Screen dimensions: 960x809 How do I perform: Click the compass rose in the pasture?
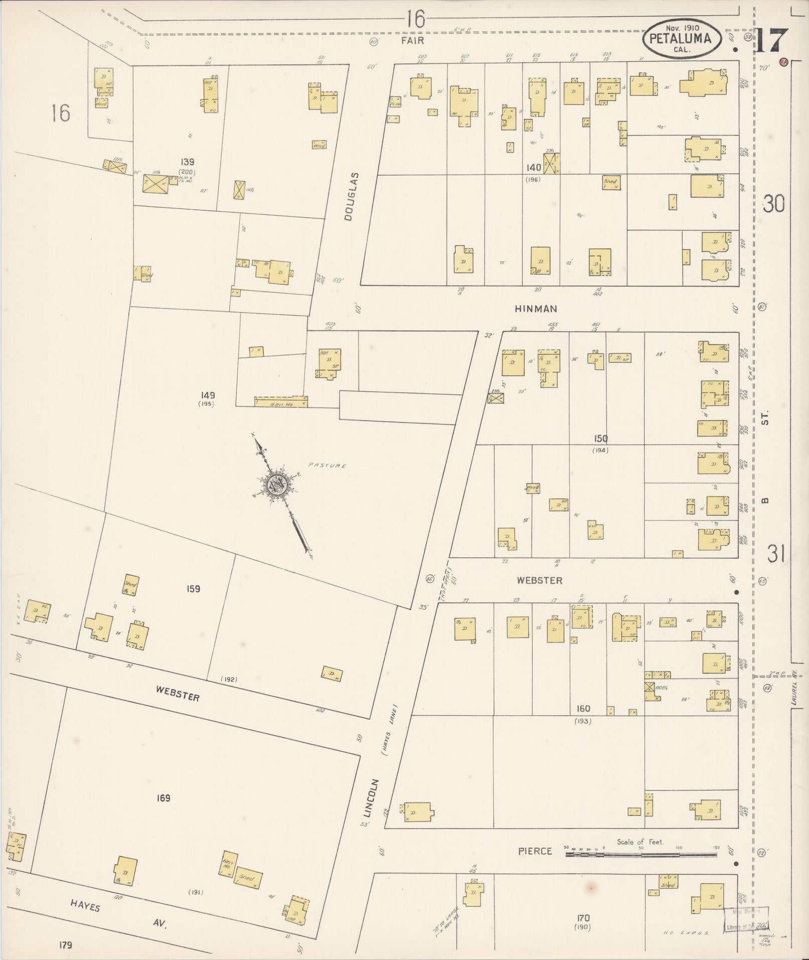[x=276, y=485]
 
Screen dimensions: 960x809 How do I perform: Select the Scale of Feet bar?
[x=642, y=853]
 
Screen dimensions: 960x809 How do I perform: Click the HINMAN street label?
[x=536, y=309]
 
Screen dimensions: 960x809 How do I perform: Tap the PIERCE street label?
[x=535, y=851]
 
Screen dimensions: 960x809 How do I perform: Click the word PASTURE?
[x=327, y=465]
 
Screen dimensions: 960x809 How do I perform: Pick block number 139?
[x=188, y=162]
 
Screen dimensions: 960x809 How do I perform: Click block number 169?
[x=164, y=797]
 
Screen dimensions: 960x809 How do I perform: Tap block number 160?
[x=583, y=709]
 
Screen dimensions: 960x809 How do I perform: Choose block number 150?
[x=600, y=439]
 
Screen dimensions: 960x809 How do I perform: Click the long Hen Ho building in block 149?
[x=281, y=401]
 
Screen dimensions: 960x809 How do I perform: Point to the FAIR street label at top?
[x=412, y=41]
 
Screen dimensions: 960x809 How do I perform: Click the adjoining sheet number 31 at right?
[x=775, y=555]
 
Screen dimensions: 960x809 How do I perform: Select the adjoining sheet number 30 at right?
[x=774, y=204]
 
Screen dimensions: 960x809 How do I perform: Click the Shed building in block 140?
[x=610, y=183]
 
